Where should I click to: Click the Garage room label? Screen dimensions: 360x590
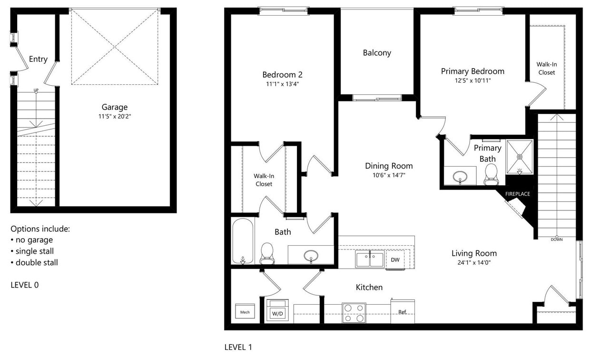[114, 107]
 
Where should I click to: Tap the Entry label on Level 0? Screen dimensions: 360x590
[38, 59]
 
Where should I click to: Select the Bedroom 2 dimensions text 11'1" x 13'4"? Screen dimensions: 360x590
[282, 84]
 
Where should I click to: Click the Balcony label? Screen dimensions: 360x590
[377, 53]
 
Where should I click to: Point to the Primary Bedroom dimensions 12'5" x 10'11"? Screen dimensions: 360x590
[472, 80]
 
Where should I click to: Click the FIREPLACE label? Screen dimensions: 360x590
[517, 194]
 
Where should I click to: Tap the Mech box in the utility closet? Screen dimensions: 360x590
[245, 312]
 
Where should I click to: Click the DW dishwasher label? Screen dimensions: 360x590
[395, 260]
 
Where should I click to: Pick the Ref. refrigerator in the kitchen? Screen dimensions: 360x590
[403, 312]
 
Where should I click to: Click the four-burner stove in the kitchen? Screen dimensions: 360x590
[354, 313]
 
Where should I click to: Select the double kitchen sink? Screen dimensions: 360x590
[369, 260]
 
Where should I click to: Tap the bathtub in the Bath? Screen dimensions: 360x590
[243, 241]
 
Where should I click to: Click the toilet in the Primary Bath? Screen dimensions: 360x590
[490, 174]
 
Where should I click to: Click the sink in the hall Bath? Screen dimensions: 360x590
[311, 256]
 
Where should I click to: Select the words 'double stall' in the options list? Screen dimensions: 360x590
[37, 262]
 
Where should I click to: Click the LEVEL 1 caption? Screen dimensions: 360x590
[238, 347]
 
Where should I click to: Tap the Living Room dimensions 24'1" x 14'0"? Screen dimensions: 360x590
[474, 262]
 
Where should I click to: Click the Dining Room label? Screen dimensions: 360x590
[389, 166]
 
